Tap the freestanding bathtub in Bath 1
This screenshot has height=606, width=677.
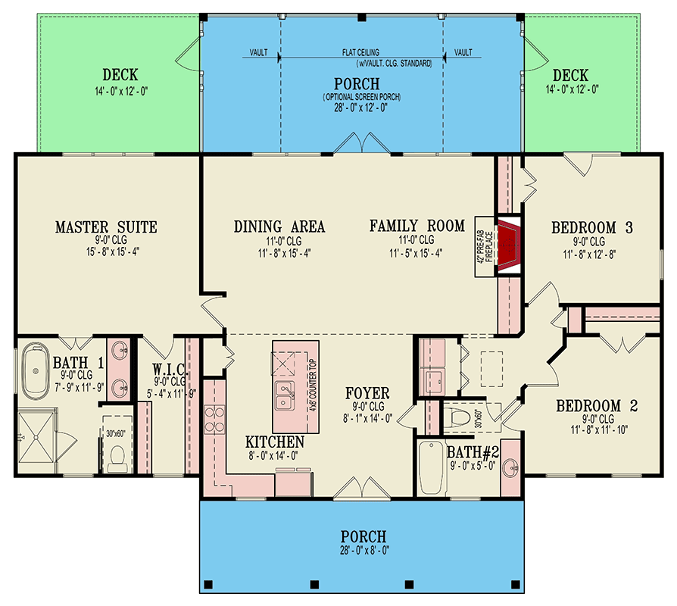click(35, 371)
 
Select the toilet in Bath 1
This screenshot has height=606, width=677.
click(117, 454)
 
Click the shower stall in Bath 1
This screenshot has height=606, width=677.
click(37, 436)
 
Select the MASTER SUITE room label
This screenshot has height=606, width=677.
click(106, 226)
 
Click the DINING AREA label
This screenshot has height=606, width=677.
click(279, 226)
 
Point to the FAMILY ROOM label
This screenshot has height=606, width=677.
click(416, 226)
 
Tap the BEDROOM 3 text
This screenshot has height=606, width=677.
click(591, 227)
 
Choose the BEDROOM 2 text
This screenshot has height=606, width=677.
click(597, 406)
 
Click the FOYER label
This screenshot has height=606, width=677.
click(367, 393)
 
